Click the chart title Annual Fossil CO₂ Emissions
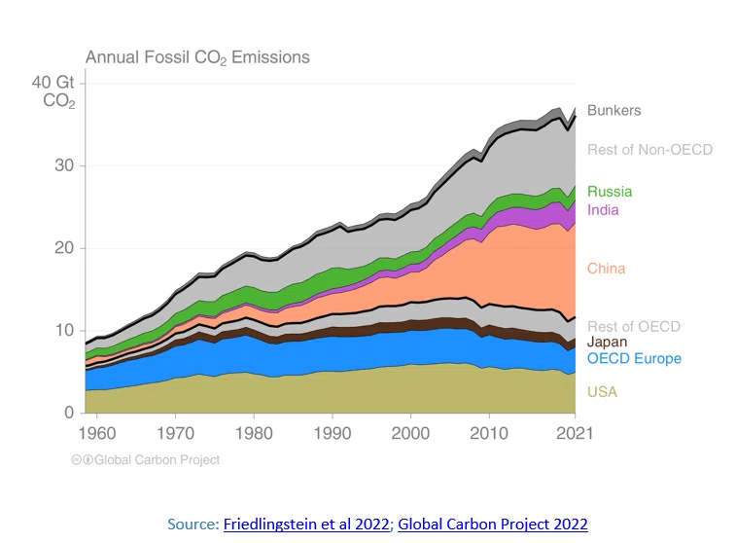(197, 57)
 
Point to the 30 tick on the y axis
(64, 165)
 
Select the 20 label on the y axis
(64, 247)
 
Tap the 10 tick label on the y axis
(65, 330)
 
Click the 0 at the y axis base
(69, 413)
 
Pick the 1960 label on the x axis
(96, 433)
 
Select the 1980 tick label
(254, 433)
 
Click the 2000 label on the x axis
(410, 433)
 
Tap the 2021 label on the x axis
(575, 433)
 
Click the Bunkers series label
(613, 110)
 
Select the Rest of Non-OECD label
(650, 150)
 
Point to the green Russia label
(610, 191)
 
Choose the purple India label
(603, 210)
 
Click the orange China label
(607, 269)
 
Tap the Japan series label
(607, 342)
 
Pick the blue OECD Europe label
(634, 358)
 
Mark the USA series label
(602, 392)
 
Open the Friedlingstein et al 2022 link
(306, 524)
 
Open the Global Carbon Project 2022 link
(493, 524)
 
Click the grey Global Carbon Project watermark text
(157, 460)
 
